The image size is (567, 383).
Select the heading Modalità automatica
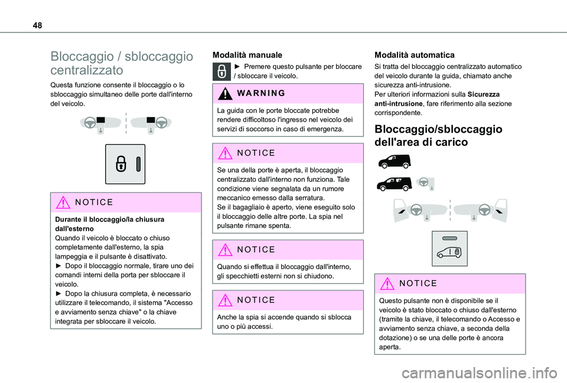[x=414, y=54]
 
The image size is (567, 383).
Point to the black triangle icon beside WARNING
[x=227, y=93]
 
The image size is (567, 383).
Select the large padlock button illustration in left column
[x=125, y=164]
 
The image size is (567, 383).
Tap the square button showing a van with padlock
[x=449, y=249]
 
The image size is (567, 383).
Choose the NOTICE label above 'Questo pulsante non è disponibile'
[x=418, y=283]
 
